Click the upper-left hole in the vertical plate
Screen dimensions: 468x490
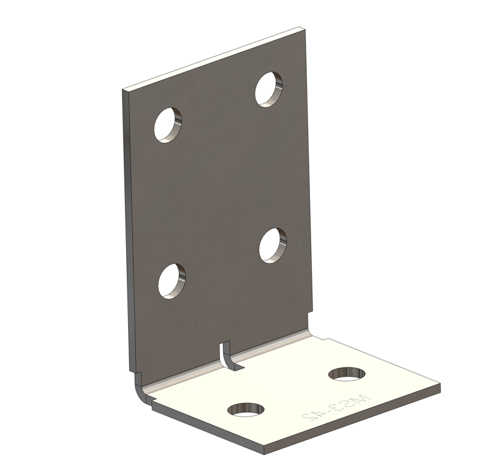click(168, 125)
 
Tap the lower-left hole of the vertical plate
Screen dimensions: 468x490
click(171, 281)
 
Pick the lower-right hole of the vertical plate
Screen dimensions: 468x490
click(273, 246)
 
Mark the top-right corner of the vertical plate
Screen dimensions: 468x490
click(301, 28)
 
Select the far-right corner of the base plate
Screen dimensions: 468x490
click(440, 386)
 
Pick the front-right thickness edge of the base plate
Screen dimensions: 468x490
click(355, 422)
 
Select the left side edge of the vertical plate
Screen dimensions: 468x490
click(127, 233)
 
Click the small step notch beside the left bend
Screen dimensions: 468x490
click(153, 402)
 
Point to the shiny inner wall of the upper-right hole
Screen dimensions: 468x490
click(277, 86)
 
